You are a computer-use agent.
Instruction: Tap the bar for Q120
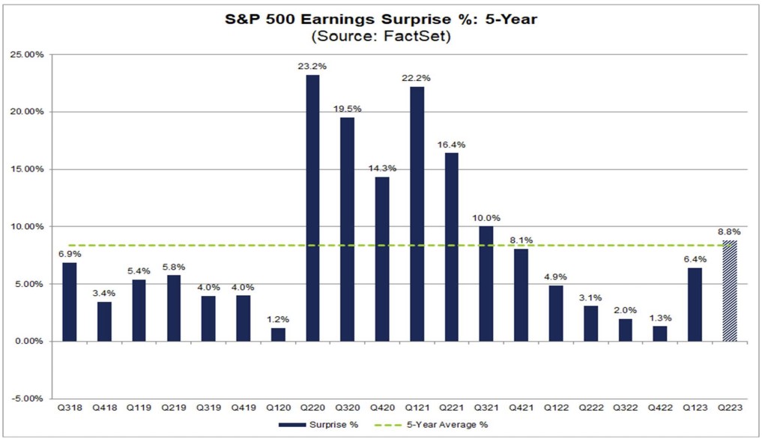(278, 334)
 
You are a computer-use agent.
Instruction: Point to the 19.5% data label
(347, 109)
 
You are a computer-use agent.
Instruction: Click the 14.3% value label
(382, 169)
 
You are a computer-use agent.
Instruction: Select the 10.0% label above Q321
(486, 218)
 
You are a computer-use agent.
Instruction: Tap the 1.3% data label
(660, 318)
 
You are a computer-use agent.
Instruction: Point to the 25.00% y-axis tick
(29, 55)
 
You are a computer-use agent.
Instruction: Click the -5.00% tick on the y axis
(29, 399)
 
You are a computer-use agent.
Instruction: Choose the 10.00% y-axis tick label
(29, 226)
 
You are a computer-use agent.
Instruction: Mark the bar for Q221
(451, 246)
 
